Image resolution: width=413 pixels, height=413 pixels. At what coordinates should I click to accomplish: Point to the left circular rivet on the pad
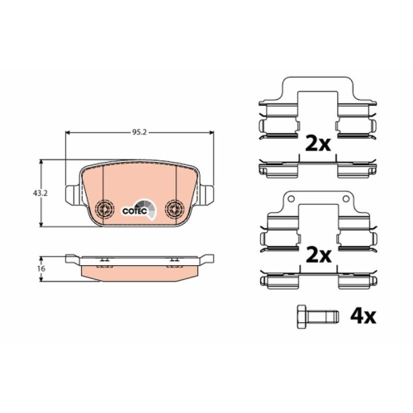[x=104, y=208]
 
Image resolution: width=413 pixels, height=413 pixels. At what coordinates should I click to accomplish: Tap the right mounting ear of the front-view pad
[x=207, y=195]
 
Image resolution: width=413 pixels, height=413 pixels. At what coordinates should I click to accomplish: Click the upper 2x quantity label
[x=318, y=144]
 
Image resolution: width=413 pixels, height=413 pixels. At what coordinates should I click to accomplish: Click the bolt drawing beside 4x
[x=313, y=316]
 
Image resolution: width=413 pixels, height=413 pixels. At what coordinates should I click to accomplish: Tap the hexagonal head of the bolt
[x=302, y=316]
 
